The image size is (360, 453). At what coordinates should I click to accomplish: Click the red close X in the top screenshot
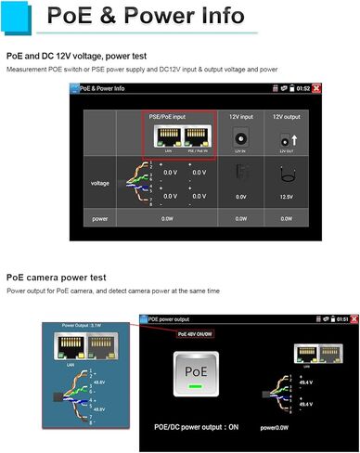317,88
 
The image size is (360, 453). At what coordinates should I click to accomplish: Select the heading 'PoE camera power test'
56,277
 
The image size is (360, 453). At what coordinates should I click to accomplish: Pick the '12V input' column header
240,117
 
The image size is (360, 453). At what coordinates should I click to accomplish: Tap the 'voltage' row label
100,183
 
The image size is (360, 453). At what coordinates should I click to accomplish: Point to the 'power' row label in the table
99,218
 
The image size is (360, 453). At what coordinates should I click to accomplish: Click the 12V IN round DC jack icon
240,136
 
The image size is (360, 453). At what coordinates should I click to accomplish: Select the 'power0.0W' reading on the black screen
276,428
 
